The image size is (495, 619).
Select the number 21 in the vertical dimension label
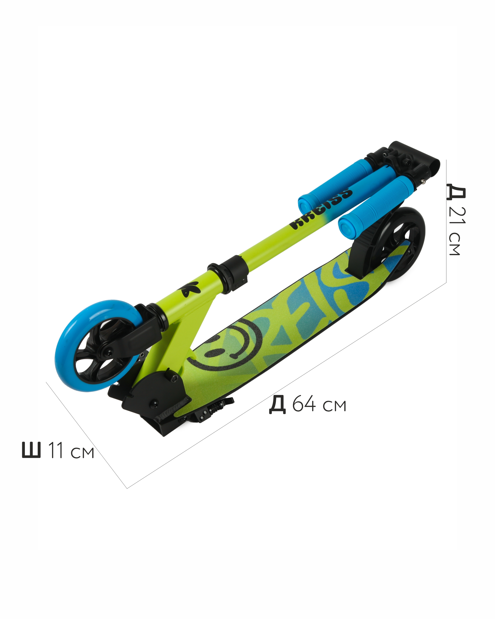pos(457,215)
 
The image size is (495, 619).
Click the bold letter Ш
pos(32,450)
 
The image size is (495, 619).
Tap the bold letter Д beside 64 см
pos(277,405)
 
